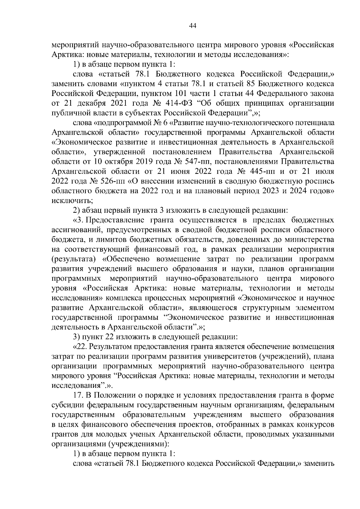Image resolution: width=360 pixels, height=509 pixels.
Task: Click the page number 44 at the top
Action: coord(193,26)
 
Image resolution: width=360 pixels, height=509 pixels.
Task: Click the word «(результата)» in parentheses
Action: coord(73,259)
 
